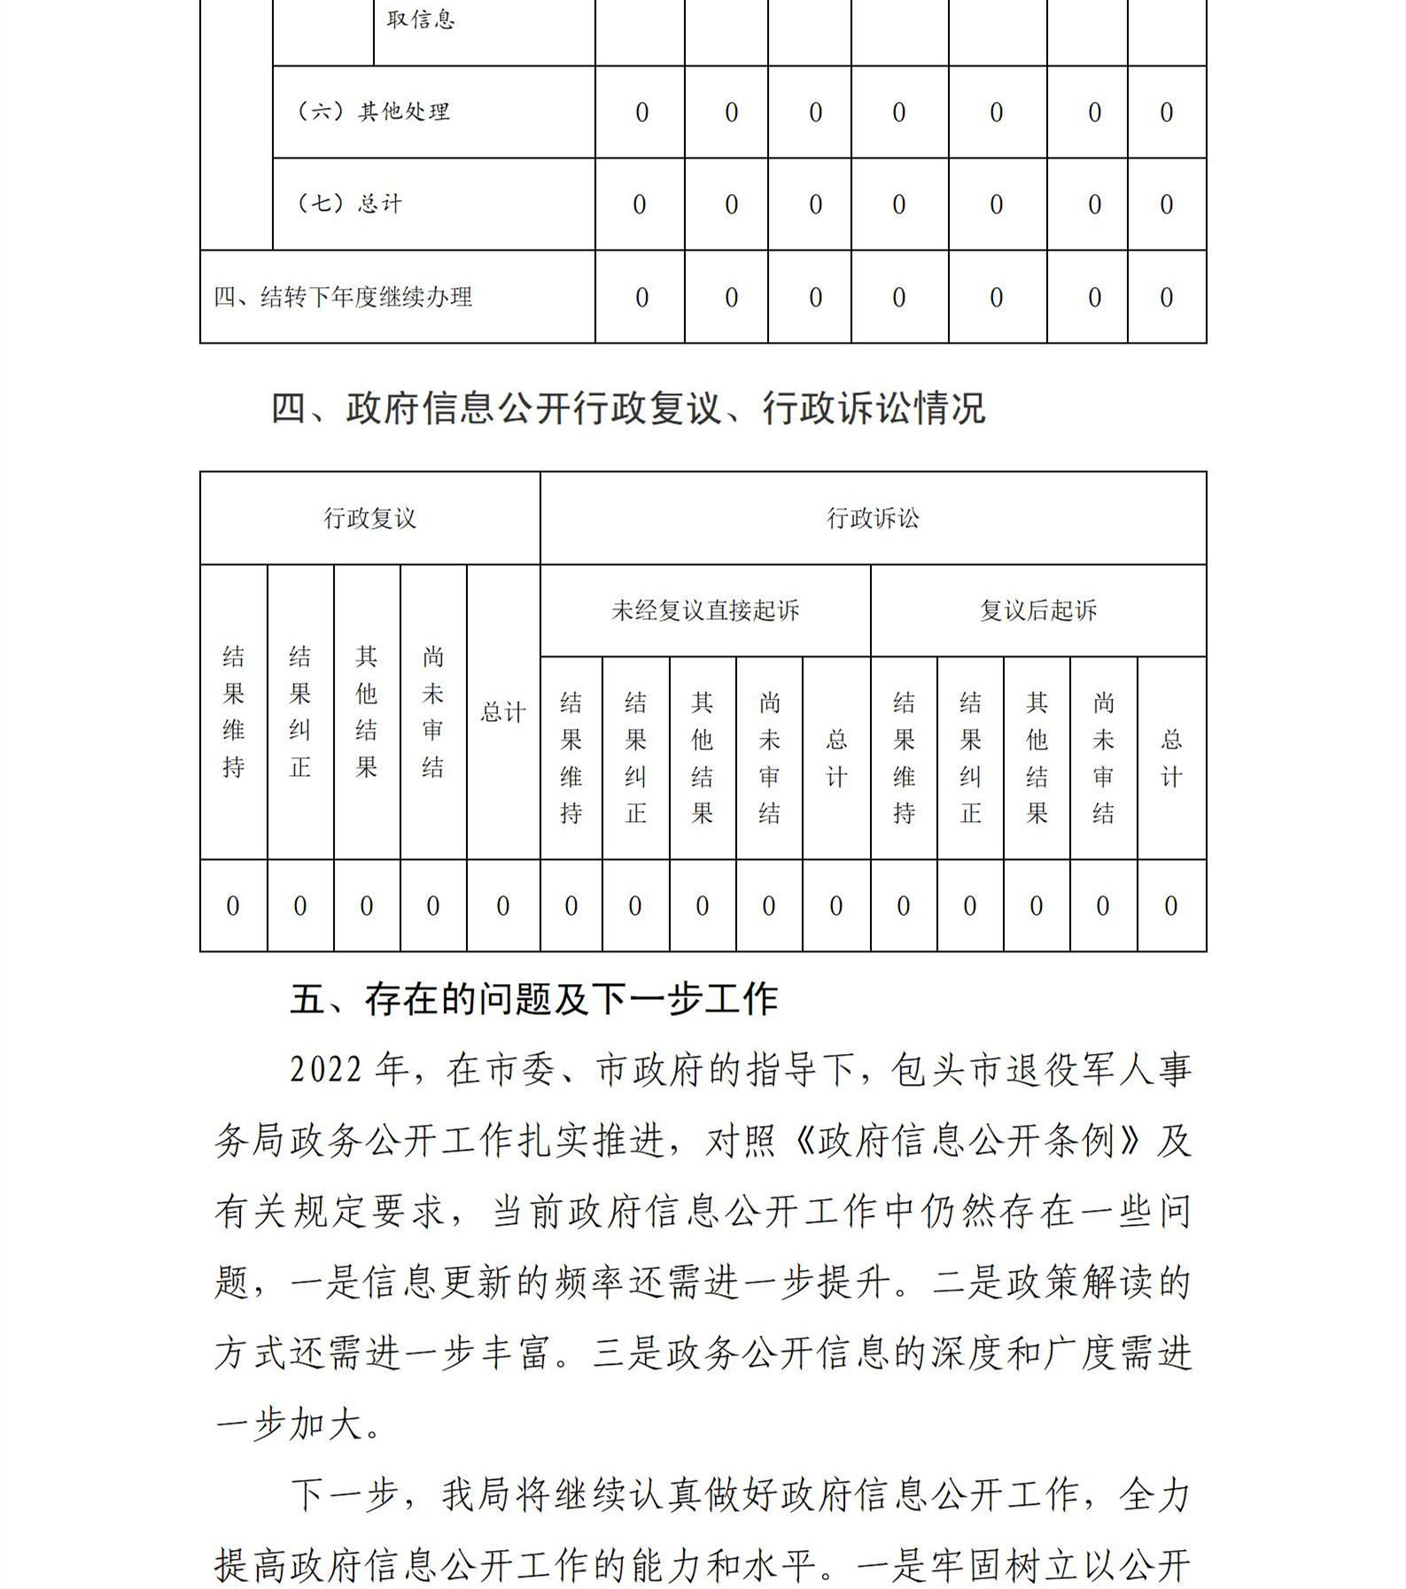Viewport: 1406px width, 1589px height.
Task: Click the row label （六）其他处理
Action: pyautogui.click(x=373, y=112)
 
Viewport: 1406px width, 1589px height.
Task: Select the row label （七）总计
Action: pyautogui.click(x=349, y=204)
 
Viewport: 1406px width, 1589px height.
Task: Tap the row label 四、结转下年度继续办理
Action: pyautogui.click(x=343, y=297)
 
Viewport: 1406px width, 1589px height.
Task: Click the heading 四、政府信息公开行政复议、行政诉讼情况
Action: pyautogui.click(x=627, y=408)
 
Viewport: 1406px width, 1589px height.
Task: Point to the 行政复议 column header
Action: pyautogui.click(x=369, y=518)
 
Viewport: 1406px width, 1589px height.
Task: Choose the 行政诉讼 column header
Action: pyautogui.click(x=873, y=518)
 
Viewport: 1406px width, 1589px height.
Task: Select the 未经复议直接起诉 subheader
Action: pyautogui.click(x=705, y=610)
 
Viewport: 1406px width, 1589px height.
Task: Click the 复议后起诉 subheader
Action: pyautogui.click(x=1038, y=610)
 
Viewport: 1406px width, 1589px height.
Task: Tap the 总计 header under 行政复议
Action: pyautogui.click(x=503, y=712)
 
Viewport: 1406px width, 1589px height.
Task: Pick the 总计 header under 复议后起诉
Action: pyautogui.click(x=1171, y=758)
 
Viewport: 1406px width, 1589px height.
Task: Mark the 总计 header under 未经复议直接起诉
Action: pyautogui.click(x=836, y=758)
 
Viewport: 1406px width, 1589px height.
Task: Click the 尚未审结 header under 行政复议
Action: pyautogui.click(x=433, y=712)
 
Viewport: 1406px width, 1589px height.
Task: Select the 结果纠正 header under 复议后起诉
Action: pyautogui.click(x=970, y=758)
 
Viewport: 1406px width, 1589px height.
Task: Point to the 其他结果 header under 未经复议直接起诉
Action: pyautogui.click(x=703, y=758)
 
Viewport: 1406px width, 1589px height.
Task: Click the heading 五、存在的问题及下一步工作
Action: pyautogui.click(x=533, y=1000)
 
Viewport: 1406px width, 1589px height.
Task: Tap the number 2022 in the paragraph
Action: pyautogui.click(x=326, y=1070)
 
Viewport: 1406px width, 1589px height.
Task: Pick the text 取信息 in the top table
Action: pyautogui.click(x=421, y=19)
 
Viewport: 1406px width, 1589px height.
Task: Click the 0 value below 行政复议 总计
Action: pyautogui.click(x=503, y=906)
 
